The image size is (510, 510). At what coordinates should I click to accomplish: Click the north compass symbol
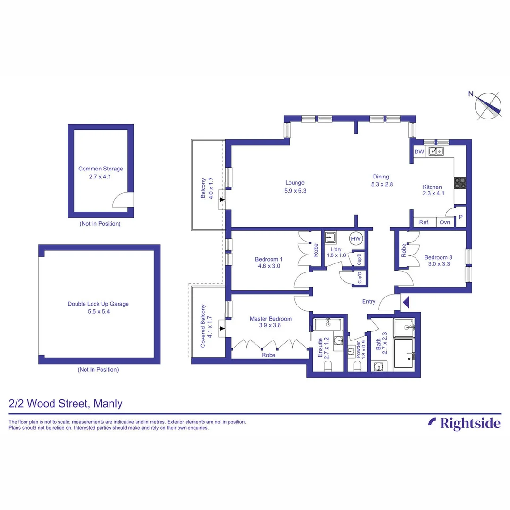[x=488, y=105]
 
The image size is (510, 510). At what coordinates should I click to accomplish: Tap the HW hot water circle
[x=356, y=239]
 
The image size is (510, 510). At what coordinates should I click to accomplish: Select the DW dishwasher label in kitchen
[x=419, y=152]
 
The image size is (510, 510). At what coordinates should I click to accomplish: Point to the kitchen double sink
[x=436, y=152]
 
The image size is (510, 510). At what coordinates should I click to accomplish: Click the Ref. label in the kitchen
[x=425, y=222]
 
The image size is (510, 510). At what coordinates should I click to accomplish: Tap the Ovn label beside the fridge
[x=444, y=222]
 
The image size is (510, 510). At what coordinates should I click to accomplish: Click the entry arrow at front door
[x=406, y=301]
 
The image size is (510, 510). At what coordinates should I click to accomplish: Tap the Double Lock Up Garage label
[x=98, y=304]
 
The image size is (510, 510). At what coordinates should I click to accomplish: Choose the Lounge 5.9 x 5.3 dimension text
[x=295, y=191]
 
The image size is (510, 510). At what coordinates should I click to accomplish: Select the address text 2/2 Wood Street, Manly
[x=66, y=404]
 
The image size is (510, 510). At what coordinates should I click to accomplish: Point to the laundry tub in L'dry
[x=331, y=238]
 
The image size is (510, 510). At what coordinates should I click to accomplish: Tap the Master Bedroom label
[x=271, y=319]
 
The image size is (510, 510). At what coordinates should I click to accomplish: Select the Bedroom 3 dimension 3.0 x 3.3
[x=438, y=265]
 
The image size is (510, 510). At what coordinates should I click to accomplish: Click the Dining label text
[x=380, y=177]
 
